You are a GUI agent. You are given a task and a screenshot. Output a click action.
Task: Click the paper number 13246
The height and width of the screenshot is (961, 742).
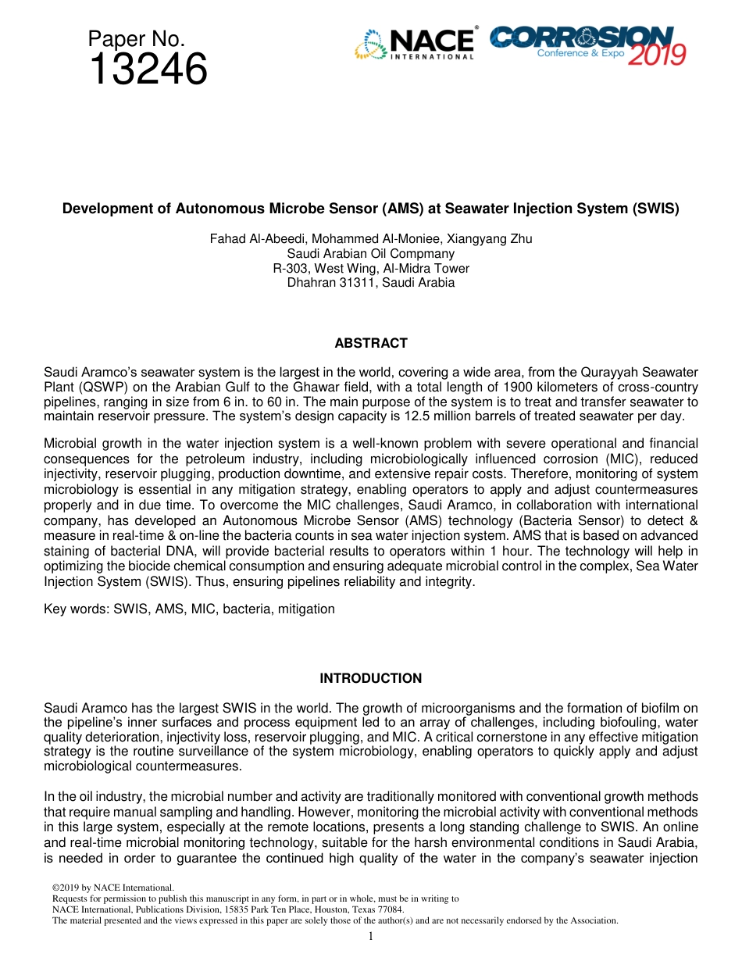(148, 70)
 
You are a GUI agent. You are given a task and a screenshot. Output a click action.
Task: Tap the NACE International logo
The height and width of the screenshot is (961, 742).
(415, 44)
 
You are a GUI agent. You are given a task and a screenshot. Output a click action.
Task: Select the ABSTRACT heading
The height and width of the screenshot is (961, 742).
(371, 343)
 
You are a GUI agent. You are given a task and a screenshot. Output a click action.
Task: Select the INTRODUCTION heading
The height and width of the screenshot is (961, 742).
(371, 678)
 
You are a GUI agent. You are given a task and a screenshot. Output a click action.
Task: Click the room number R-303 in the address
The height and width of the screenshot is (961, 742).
(289, 268)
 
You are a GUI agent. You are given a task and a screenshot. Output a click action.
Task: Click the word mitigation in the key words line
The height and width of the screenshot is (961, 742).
(307, 609)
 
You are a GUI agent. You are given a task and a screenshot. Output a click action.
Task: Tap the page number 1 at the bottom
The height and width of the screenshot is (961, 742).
(371, 936)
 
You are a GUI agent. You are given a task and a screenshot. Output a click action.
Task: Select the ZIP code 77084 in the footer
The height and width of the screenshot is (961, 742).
(391, 909)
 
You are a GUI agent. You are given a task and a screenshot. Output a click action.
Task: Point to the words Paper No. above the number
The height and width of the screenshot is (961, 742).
(136, 38)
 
